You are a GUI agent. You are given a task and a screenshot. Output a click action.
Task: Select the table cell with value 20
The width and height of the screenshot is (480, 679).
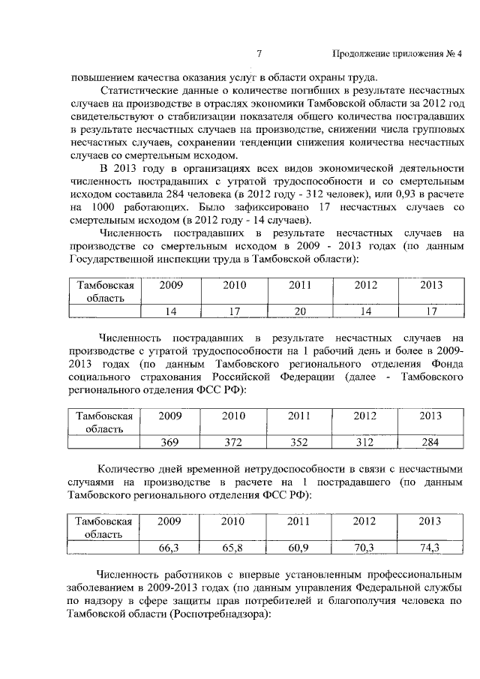point(300,311)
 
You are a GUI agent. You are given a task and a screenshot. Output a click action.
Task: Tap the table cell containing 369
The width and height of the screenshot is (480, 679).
point(170,442)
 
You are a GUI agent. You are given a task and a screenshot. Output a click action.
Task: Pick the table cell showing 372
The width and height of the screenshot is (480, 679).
point(234,442)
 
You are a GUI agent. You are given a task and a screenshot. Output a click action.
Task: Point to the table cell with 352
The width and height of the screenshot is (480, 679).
point(300,442)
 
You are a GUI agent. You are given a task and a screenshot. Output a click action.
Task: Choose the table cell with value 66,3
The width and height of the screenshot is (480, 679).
point(170,548)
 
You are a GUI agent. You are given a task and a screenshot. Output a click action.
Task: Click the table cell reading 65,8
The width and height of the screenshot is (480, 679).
point(234,548)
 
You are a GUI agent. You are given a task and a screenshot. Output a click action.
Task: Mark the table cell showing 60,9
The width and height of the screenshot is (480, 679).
point(300,548)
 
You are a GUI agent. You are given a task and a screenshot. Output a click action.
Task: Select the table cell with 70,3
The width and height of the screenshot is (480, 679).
point(364,548)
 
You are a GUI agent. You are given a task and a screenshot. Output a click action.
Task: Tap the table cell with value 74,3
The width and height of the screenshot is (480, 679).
point(430,548)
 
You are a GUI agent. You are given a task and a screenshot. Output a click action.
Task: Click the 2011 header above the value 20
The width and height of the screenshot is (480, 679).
point(300,285)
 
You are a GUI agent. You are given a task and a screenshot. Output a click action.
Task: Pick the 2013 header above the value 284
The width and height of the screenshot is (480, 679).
point(430,416)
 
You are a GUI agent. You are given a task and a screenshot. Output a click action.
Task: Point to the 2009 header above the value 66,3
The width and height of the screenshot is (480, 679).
point(170,521)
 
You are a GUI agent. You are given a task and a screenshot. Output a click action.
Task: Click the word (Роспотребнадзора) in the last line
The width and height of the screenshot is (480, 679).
point(219,612)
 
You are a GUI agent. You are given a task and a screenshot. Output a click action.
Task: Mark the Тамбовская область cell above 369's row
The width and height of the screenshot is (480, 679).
point(104,422)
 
